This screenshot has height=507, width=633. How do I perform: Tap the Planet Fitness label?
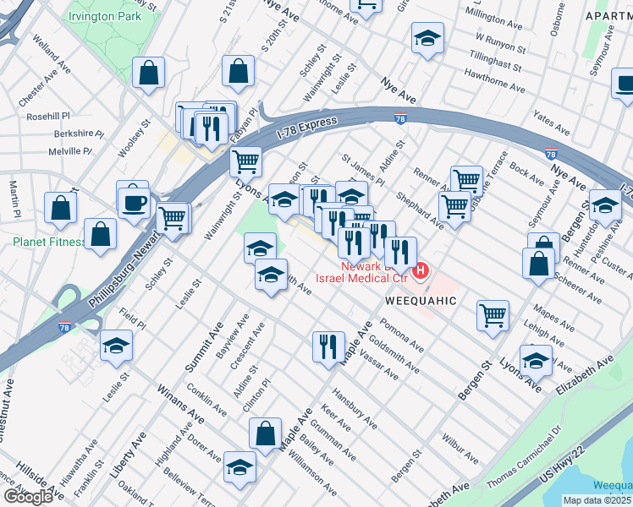48,242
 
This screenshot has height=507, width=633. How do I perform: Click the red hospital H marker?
421,270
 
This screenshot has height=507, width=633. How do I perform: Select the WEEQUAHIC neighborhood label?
421,300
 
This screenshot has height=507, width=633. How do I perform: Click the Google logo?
27,496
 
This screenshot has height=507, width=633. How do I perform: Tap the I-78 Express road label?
305,128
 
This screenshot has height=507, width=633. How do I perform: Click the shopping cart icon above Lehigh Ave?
493,316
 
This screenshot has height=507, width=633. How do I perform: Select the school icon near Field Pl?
116,345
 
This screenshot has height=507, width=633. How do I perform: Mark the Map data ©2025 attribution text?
597,500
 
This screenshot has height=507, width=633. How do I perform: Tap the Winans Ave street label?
180,402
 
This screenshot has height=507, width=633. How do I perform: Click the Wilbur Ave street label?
461,445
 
